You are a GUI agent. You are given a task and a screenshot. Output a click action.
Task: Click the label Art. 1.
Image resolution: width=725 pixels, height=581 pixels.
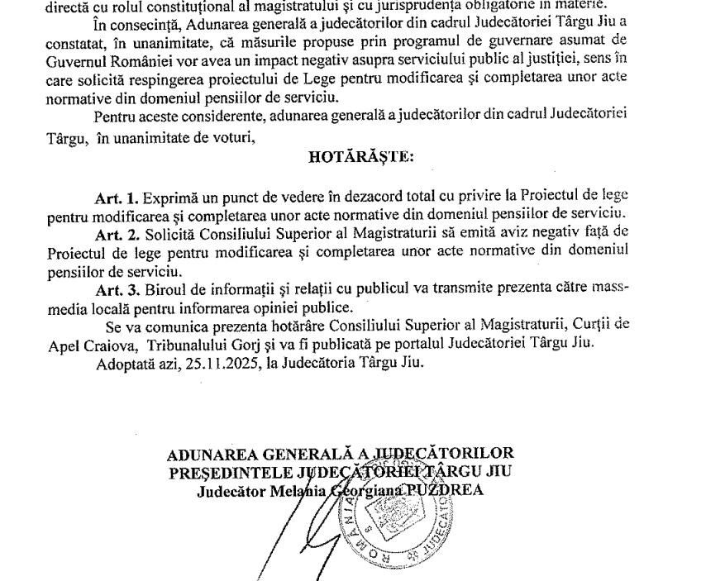tap(117, 197)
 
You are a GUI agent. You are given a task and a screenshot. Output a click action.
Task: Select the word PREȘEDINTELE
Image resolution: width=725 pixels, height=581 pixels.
tap(219, 472)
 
